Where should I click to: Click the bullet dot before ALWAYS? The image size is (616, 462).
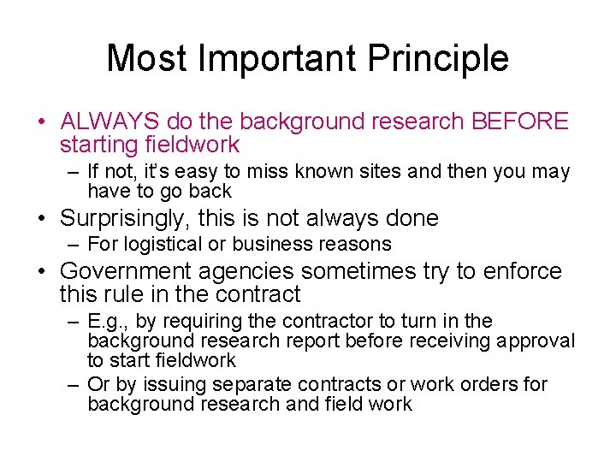tap(42, 122)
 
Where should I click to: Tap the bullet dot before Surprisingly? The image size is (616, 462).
tap(42, 219)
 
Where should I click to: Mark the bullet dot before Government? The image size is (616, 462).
tap(42, 272)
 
